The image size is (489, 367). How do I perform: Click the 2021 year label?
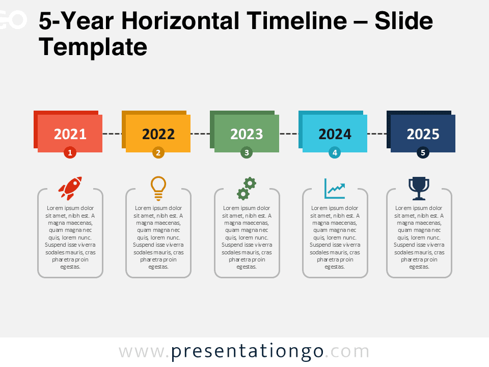(70, 134)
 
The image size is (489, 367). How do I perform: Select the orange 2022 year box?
(158, 134)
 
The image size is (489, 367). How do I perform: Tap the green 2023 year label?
(247, 134)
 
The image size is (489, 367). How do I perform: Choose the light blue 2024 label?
(335, 134)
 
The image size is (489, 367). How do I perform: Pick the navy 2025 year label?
(423, 134)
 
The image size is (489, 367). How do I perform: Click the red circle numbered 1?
(70, 152)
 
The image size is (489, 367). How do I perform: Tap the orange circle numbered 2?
(158, 152)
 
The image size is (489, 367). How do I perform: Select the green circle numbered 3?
(247, 152)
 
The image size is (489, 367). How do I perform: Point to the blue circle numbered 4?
(335, 152)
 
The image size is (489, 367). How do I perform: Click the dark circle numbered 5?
(423, 152)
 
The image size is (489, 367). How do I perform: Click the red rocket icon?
(70, 188)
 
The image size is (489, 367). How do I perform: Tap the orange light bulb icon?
(158, 188)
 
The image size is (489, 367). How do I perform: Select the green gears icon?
(247, 188)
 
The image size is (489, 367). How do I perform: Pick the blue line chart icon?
(335, 188)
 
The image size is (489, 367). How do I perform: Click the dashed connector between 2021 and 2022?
(112, 134)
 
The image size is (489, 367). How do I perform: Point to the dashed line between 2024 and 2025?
(376, 134)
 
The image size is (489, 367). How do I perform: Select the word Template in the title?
(93, 47)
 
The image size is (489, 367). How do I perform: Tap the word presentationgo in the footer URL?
(247, 351)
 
